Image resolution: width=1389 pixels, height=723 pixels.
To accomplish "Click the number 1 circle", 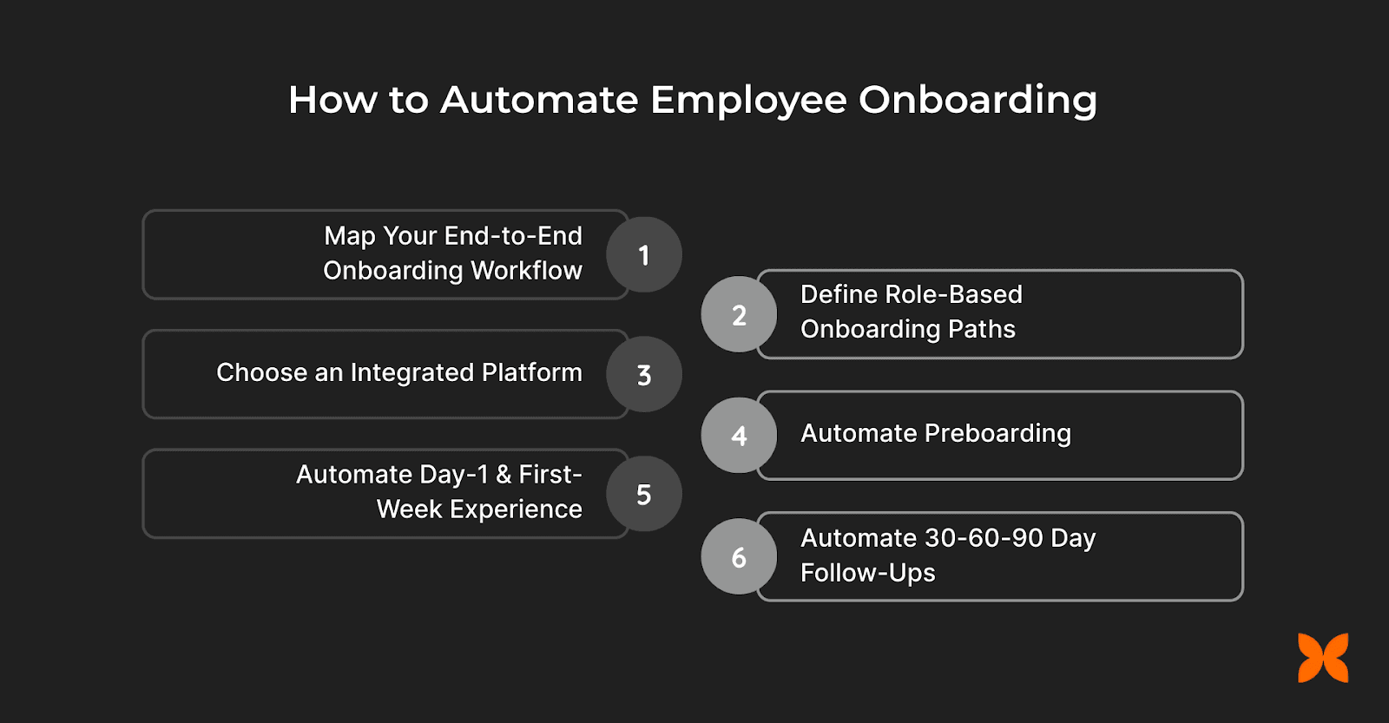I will pos(643,255).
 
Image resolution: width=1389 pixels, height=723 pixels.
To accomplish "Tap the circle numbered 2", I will pos(739,315).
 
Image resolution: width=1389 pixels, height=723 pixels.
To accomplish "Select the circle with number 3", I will pos(643,375).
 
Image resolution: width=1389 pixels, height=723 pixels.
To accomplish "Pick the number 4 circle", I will pos(739,436).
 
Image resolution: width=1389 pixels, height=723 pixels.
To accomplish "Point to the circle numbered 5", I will pos(643,495).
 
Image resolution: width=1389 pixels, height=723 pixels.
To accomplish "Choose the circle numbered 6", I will pos(739,557).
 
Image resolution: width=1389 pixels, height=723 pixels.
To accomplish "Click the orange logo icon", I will pos(1323,658).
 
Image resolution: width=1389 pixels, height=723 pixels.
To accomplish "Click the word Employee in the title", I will pos(748,101).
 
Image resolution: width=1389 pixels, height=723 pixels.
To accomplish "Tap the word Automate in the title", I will pos(539,100).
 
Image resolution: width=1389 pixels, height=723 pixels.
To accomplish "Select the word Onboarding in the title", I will pos(978,101).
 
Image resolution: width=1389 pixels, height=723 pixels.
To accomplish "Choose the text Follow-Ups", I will pos(867,573).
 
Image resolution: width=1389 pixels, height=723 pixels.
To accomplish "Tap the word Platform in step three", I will pos(531,372).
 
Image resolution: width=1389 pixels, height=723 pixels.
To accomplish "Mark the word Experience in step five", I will pos(516,509).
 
